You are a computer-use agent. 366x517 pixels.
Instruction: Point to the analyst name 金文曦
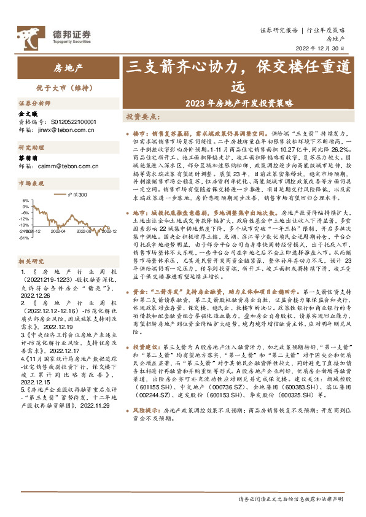pyautogui.click(x=28, y=114)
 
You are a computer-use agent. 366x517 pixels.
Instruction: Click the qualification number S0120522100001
pyautogui.click(x=68, y=122)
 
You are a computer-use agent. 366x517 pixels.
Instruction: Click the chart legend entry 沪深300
pyautogui.click(x=77, y=195)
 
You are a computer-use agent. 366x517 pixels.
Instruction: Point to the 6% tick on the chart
pyautogui.click(x=26, y=201)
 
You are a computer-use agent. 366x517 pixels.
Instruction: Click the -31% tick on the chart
pyautogui.click(x=25, y=237)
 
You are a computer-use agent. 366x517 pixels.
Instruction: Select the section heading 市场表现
pyautogui.click(x=30, y=183)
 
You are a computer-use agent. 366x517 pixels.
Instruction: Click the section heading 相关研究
pyautogui.click(x=30, y=260)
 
